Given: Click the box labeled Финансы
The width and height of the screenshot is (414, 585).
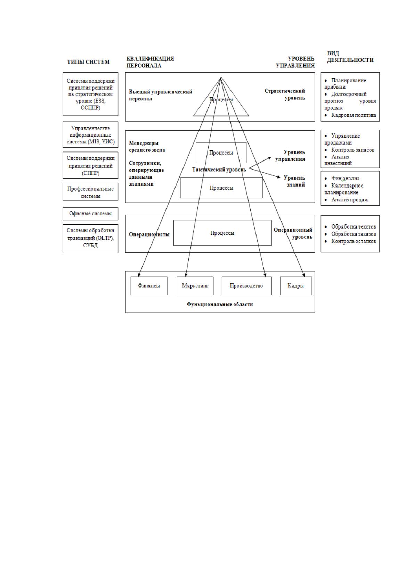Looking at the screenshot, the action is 149,286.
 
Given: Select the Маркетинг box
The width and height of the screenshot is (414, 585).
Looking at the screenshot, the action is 195,286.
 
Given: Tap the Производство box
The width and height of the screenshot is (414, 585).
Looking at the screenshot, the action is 246,286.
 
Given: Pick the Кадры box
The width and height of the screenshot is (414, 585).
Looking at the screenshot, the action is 296,286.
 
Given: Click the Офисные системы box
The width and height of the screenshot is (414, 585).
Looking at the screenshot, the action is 90,214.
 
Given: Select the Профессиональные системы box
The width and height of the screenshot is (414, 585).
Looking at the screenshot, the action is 90,192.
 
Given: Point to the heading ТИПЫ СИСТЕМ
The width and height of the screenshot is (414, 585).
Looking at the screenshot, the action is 88,62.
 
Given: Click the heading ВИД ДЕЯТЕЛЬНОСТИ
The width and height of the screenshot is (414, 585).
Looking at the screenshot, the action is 350,57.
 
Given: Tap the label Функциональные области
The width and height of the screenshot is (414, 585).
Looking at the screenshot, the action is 220,304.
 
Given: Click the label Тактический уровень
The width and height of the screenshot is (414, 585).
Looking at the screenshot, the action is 219,170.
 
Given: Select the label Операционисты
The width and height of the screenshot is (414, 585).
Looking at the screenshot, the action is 149,234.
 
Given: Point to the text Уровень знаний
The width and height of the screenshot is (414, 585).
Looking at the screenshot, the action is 294,181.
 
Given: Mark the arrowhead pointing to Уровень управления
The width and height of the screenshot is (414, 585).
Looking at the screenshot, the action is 270,158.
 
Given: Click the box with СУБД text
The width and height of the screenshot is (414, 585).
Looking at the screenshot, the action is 90,239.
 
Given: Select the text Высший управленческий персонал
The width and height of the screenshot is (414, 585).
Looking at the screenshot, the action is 161,95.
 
